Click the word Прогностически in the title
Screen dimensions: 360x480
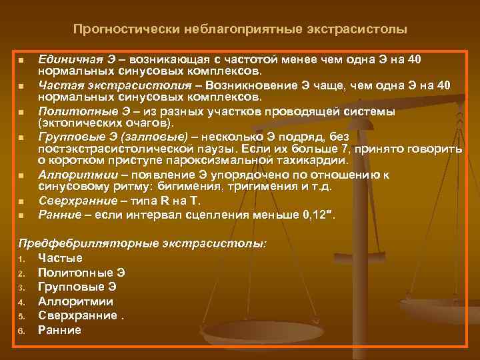pos(119,30)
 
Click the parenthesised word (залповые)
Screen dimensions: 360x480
pos(160,136)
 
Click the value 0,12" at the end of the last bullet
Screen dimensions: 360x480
pos(320,214)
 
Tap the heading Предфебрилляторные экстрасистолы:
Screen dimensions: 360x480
pos(142,244)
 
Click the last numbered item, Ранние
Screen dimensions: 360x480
pos(59,329)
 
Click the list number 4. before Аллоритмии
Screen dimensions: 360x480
pos(22,301)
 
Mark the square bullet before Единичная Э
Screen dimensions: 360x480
pos(21,61)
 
